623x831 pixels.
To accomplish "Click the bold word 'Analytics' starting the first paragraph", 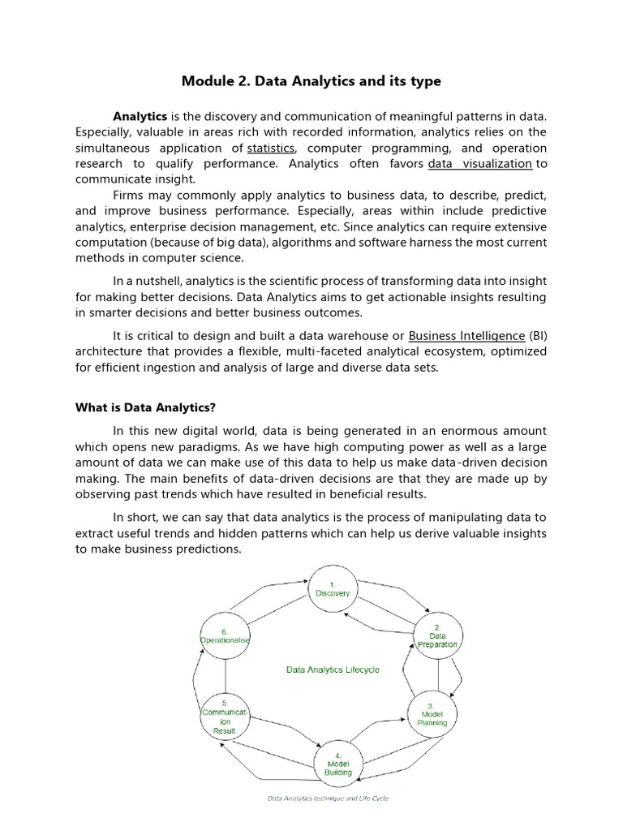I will point(140,116).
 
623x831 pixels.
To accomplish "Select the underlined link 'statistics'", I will point(271,148).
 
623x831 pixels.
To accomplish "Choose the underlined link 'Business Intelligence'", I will point(466,335).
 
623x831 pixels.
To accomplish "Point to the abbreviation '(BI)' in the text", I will point(538,335).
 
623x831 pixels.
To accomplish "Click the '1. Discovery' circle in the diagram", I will point(333,588).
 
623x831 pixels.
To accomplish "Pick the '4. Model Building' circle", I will point(338,763).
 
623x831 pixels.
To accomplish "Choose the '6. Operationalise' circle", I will point(225,635).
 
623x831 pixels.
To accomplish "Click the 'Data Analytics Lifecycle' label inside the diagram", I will point(333,670).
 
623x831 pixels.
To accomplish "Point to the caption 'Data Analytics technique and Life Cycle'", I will point(328,799).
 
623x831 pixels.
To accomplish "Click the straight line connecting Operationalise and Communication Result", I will point(225,676).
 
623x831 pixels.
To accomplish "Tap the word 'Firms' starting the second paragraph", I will point(130,196).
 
